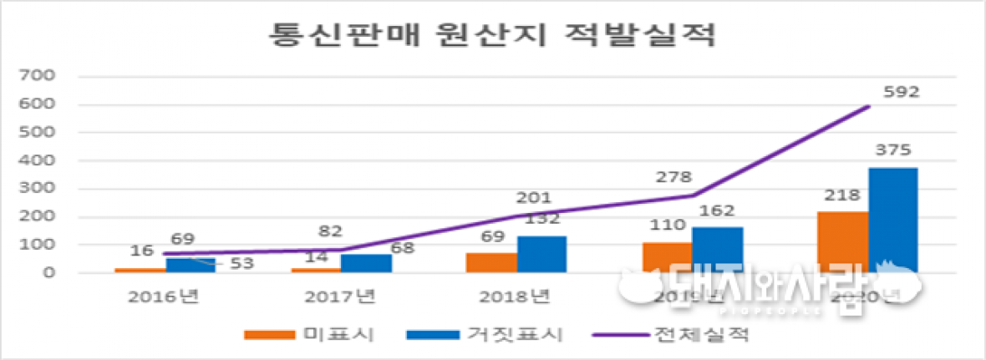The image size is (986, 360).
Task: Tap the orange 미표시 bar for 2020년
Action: (x=843, y=241)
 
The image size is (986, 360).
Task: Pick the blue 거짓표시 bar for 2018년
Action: (x=542, y=254)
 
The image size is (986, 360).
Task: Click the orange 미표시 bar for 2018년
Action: (x=492, y=262)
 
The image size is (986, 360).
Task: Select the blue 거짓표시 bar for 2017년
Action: (x=367, y=263)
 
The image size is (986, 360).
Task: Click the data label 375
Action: (x=893, y=150)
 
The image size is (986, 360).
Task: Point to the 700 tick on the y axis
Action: (x=39, y=76)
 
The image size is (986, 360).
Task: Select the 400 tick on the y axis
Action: (x=39, y=160)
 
